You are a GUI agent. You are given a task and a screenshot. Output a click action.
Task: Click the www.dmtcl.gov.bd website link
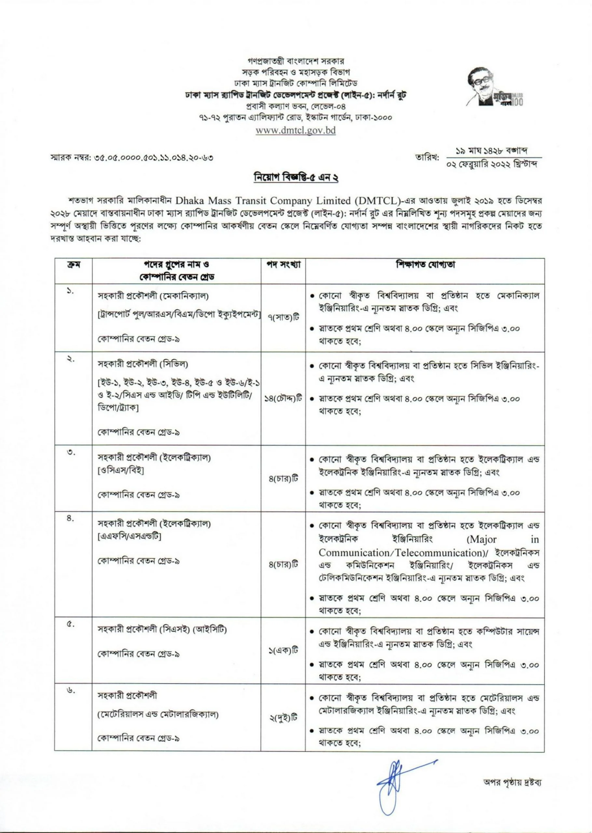click(x=295, y=130)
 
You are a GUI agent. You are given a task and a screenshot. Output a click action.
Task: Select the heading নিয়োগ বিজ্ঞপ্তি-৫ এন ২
click(x=296, y=178)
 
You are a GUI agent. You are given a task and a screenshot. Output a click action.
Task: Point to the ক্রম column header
click(x=73, y=265)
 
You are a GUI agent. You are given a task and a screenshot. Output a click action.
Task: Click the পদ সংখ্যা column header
click(x=283, y=265)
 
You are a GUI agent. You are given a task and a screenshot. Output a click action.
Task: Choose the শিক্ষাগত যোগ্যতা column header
click(x=425, y=265)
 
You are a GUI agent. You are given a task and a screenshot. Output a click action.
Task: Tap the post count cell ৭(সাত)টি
click(x=283, y=317)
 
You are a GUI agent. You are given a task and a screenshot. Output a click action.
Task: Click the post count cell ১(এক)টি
click(x=283, y=650)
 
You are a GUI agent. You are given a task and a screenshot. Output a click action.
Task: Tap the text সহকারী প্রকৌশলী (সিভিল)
click(x=143, y=364)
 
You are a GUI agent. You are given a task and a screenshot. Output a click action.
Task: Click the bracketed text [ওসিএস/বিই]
click(x=121, y=471)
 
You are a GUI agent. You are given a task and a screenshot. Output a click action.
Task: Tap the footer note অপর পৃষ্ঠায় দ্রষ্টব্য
click(x=512, y=782)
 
